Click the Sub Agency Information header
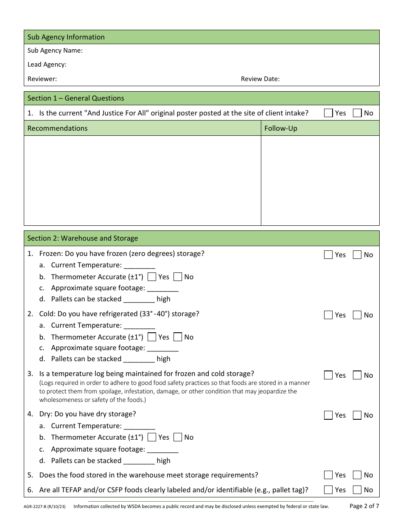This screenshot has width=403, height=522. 66,37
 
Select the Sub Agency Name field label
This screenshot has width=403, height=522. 55,51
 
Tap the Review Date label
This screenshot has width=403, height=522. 260,79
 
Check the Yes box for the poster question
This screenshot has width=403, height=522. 328,113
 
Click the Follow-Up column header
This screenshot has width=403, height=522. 280,128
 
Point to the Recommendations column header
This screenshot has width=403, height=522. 57,128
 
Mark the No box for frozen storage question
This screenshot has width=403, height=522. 357,255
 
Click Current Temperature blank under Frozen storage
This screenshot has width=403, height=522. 140,265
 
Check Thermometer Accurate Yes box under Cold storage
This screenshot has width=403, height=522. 152,337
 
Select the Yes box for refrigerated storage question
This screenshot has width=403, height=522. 328,315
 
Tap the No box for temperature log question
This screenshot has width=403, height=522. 357,375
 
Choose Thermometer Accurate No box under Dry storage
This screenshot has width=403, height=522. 178,437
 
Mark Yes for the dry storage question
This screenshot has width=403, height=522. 328,415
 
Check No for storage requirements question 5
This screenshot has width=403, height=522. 357,475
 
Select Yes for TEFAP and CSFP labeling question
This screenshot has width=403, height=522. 328,490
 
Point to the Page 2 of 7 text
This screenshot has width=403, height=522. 364,506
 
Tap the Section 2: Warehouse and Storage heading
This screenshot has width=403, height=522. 83,238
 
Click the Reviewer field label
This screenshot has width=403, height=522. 42,79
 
